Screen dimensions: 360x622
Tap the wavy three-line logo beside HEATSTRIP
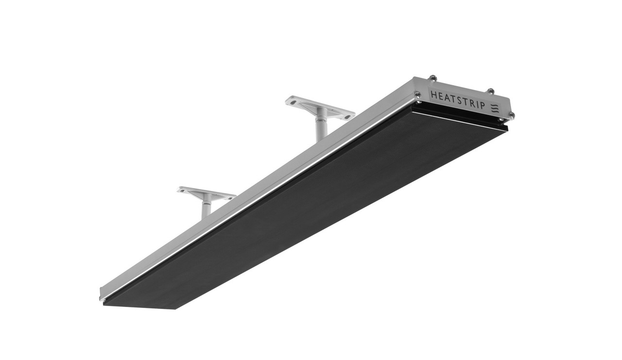[495, 108]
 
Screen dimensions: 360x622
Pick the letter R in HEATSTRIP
[470, 103]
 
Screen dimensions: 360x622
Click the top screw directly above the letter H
[432, 78]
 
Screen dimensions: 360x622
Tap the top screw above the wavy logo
[491, 91]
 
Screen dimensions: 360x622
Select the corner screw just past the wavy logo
[511, 115]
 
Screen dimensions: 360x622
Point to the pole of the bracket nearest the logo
[321, 129]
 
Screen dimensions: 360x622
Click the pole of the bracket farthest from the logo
[207, 208]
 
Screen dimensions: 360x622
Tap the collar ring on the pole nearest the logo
[321, 119]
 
